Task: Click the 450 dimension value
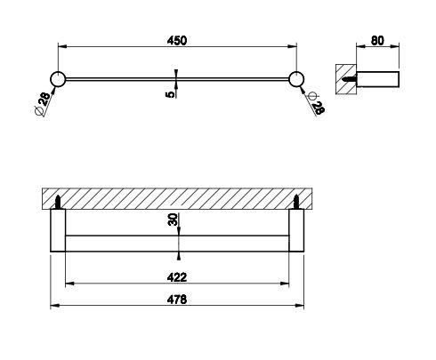coord(177,41)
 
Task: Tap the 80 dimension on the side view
coord(377,41)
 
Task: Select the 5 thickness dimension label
coord(171,94)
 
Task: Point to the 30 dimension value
coord(173,220)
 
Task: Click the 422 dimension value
coord(177,277)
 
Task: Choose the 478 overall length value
coord(177,300)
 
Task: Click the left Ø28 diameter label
coord(43,104)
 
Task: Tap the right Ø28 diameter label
coord(316,104)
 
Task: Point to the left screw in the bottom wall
coord(59,203)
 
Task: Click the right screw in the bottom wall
coord(296,203)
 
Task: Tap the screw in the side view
coord(349,79)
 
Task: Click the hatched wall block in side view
coord(346,79)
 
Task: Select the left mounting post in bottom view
coord(58,230)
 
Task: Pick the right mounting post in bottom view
coord(296,230)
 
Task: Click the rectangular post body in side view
coord(378,79)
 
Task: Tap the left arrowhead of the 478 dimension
coord(54,306)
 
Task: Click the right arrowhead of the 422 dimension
coord(285,284)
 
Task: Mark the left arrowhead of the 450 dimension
coord(62,46)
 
